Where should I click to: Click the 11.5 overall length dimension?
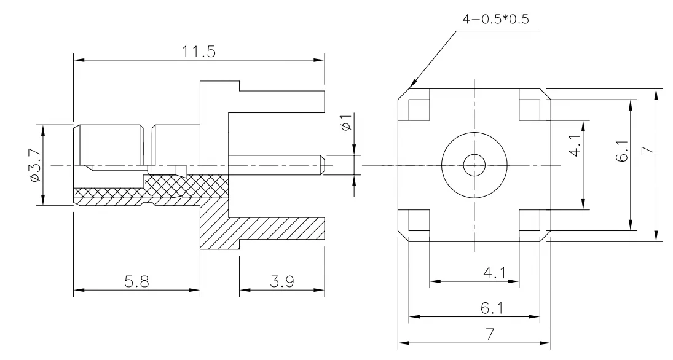(x=199, y=52)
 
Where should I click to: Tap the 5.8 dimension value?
(x=136, y=282)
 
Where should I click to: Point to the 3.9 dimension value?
(x=281, y=282)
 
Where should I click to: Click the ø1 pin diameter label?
(x=346, y=122)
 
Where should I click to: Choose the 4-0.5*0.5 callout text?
(x=495, y=19)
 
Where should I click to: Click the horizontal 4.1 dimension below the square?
(x=495, y=273)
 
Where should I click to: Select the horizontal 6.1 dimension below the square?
(x=492, y=308)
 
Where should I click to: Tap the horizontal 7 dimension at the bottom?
(x=490, y=334)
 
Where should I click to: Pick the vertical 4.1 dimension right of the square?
(x=575, y=145)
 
